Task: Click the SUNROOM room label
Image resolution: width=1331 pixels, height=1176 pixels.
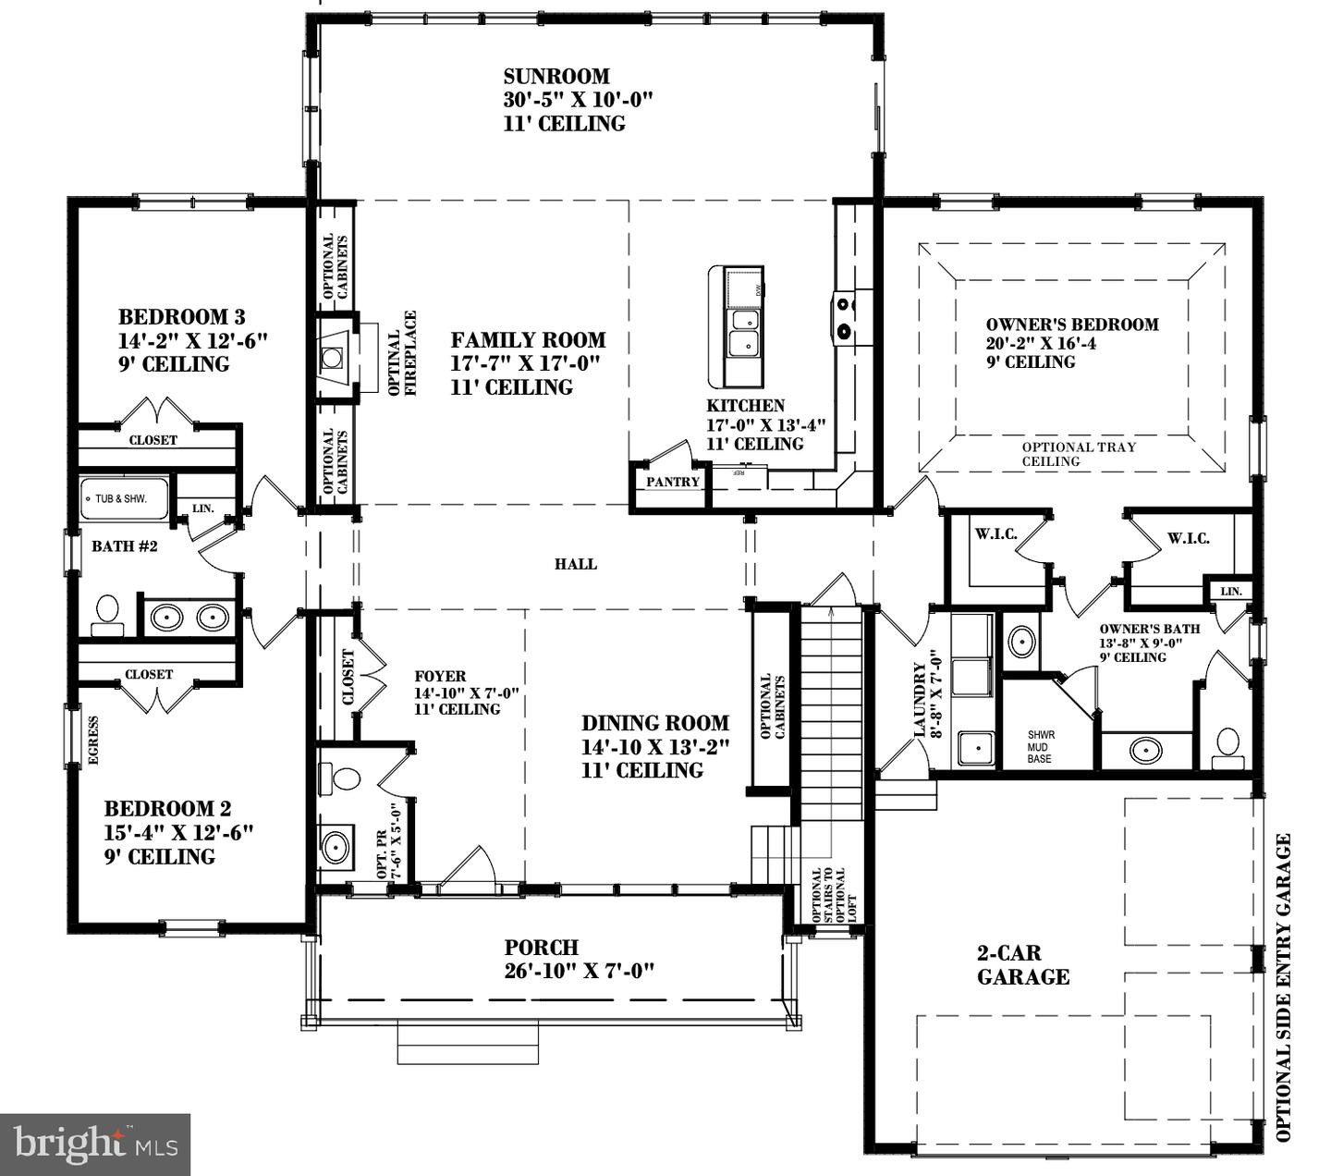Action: [x=556, y=77]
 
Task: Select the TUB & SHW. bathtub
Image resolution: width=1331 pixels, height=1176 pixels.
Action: [x=124, y=499]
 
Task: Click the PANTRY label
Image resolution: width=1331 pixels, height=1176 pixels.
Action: [x=672, y=482]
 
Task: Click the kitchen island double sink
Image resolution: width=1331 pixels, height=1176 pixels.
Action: [x=743, y=333]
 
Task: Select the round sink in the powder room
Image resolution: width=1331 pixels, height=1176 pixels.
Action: [x=335, y=846]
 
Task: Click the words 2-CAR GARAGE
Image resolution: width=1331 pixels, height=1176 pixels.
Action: [x=1022, y=964]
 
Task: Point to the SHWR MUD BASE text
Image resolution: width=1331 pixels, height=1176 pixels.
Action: [x=1040, y=747]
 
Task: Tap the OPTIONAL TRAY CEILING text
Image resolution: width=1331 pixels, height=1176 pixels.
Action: [x=1078, y=454]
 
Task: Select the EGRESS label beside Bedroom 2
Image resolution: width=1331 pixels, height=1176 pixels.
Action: [x=93, y=740]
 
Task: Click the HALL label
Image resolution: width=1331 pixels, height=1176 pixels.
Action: [x=575, y=564]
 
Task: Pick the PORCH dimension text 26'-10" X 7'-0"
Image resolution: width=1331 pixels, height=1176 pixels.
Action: [x=579, y=971]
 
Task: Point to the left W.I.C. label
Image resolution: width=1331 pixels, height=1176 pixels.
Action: [x=995, y=534]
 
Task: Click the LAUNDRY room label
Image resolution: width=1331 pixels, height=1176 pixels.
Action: [x=921, y=700]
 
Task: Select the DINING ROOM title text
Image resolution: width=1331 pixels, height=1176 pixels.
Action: [x=654, y=723]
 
